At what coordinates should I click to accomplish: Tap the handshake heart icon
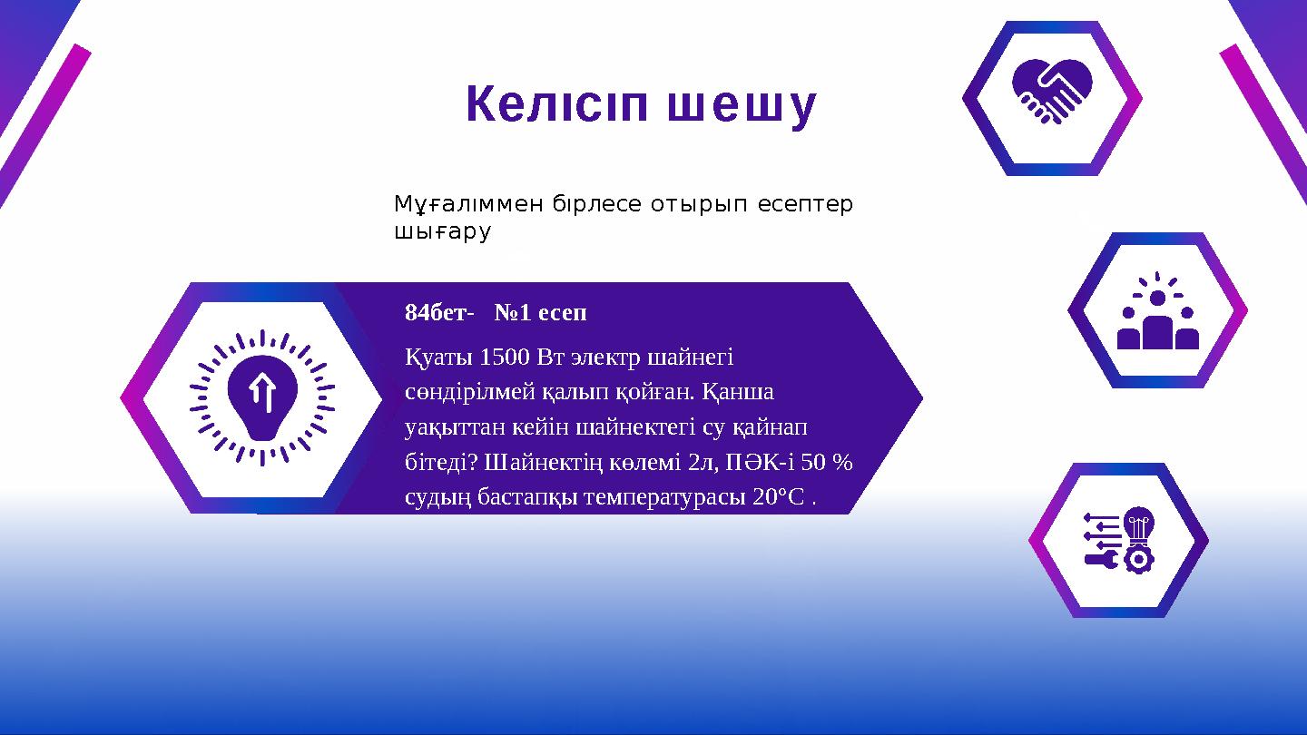[1052, 91]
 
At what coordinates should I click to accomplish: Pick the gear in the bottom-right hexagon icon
[1137, 559]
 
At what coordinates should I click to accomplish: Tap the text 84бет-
[439, 313]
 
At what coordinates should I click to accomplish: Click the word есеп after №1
[563, 313]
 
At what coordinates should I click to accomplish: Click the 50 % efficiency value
[827, 462]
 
